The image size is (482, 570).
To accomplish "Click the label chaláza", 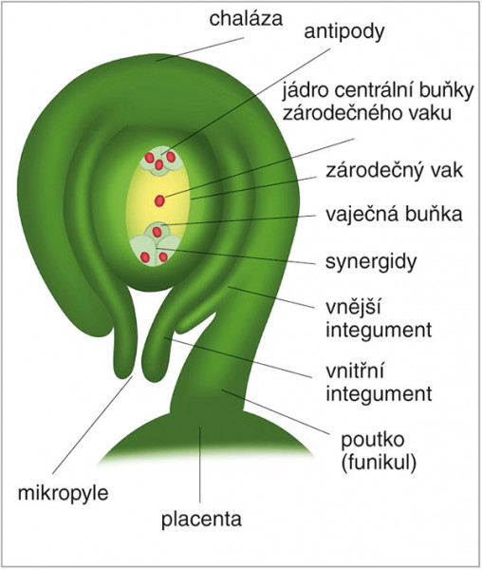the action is [x=246, y=19].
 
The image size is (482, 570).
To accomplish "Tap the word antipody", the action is [x=344, y=32].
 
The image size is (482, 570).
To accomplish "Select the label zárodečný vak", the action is [x=394, y=170].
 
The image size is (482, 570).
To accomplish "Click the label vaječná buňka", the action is [x=394, y=214].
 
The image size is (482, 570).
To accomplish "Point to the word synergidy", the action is [x=371, y=262].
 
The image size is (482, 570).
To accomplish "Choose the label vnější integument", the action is [x=379, y=319].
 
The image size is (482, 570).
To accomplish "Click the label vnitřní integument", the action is [x=379, y=383].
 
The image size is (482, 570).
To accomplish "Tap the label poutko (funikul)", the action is [x=379, y=451].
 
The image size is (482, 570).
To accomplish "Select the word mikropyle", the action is [x=64, y=494].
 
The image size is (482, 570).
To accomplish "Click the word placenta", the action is [x=201, y=521].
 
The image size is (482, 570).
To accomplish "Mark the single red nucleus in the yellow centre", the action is [x=159, y=200].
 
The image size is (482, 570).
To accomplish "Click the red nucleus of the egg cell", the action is [x=157, y=232].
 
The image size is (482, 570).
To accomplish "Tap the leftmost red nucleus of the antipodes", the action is [x=150, y=158].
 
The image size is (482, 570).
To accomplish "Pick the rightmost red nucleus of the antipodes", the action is [x=171, y=157].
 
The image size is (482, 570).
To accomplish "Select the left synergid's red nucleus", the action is [x=145, y=257].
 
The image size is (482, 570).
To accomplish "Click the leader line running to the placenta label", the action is [x=200, y=465].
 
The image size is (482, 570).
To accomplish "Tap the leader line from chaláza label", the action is [x=200, y=49].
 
